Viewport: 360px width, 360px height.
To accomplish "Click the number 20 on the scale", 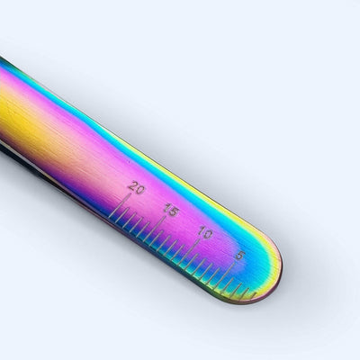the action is pyautogui.click(x=136, y=188).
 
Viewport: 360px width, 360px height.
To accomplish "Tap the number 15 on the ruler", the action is pyautogui.click(x=172, y=210).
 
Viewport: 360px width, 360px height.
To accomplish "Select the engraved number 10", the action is pyautogui.click(x=205, y=232).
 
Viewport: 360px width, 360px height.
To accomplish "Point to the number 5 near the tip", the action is pyautogui.click(x=240, y=256).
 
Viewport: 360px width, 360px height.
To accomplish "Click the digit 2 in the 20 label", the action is pyautogui.click(x=132, y=186).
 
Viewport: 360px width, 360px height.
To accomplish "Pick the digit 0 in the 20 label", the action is pyautogui.click(x=140, y=190).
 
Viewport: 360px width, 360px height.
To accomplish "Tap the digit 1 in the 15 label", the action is pyautogui.click(x=167, y=208).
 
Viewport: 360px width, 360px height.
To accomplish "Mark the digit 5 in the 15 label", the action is pyautogui.click(x=175, y=211).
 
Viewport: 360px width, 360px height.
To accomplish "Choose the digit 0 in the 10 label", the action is pyautogui.click(x=208, y=234).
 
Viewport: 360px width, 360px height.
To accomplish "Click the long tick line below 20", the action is pyautogui.click(x=120, y=205).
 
